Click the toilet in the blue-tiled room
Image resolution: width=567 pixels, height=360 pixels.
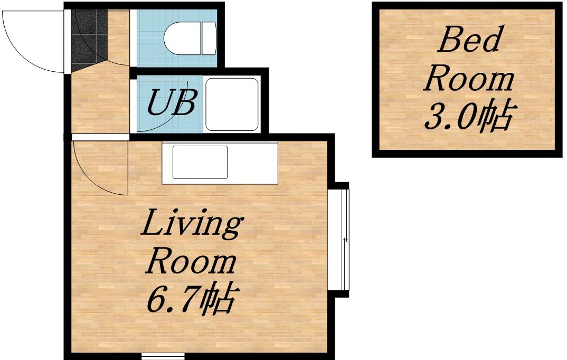pos(190,39)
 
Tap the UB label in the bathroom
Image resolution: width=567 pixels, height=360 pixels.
pos(172,102)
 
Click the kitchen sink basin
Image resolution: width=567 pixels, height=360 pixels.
pos(200,162)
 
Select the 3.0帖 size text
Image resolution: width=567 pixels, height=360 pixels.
pos(470,115)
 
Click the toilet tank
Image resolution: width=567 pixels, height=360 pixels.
pos(209,39)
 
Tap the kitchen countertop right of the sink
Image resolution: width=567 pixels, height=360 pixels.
pos(253,163)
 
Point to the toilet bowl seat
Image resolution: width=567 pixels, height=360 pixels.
pos(182,39)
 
